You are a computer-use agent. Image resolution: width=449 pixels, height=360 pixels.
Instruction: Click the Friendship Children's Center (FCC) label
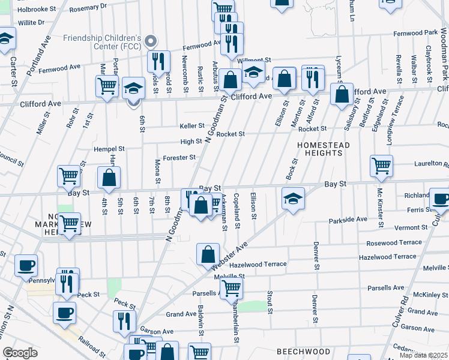click(102, 43)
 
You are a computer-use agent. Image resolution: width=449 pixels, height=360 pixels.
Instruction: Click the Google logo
click(20, 353)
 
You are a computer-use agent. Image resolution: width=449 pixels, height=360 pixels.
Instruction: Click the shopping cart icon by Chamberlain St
click(231, 289)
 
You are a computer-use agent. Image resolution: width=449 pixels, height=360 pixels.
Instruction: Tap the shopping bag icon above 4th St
click(109, 178)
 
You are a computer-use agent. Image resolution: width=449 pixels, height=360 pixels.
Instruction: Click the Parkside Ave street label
click(348, 220)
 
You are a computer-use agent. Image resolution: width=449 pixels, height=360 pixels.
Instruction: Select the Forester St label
click(179, 158)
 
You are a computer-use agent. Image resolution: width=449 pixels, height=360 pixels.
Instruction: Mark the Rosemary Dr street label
click(88, 6)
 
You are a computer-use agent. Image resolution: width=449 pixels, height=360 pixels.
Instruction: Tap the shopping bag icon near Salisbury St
click(342, 95)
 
